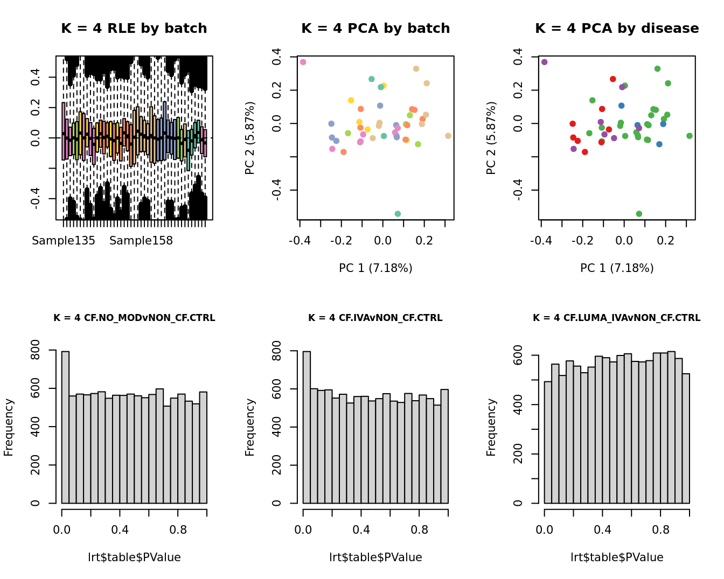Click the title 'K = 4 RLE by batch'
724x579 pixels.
coord(134,29)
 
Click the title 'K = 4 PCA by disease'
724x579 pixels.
coord(617,29)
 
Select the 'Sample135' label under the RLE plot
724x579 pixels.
coord(64,241)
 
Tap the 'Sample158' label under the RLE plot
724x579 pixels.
coord(141,241)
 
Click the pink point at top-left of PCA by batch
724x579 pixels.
coord(303,62)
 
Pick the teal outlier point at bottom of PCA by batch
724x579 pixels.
coord(398,214)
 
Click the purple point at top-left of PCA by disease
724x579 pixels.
coord(545,62)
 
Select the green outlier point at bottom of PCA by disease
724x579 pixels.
coord(639,214)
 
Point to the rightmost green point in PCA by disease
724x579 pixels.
coord(690,136)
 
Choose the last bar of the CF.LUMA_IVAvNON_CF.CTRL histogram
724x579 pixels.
coord(686,438)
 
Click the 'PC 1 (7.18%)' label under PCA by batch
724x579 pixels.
coord(375,268)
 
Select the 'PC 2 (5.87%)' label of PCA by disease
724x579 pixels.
coord(491,138)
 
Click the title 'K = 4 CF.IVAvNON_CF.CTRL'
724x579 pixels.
coord(375,318)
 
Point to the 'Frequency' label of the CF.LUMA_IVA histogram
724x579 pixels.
coord(491,427)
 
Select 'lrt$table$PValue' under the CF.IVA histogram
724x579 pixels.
coord(375,557)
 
